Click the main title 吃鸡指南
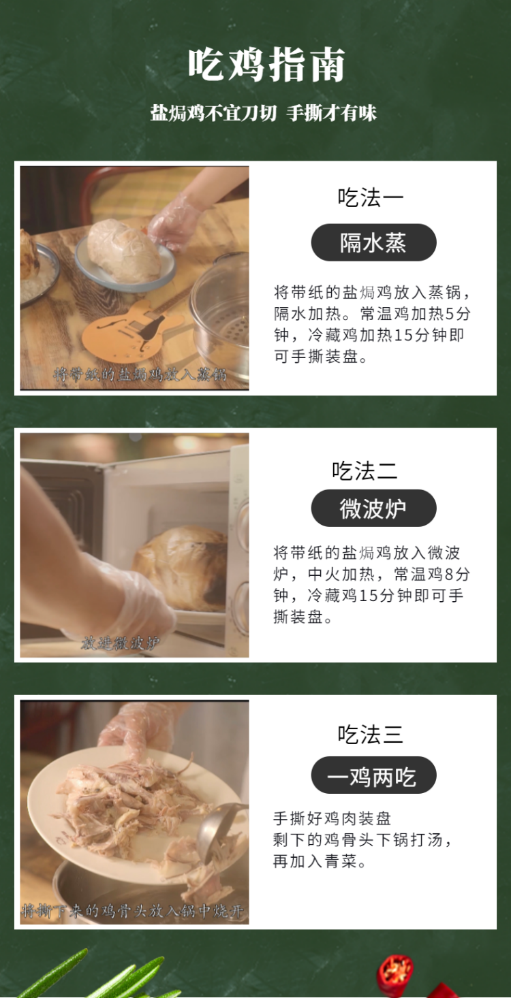[x=266, y=65]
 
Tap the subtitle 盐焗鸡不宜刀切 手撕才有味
[x=263, y=113]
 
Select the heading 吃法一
[x=370, y=197]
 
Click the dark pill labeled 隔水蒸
[x=373, y=242]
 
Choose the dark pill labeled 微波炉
[x=373, y=509]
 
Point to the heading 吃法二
[x=365, y=470]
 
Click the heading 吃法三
[x=370, y=734]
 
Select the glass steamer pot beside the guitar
[x=220, y=312]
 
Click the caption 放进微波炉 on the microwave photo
[x=120, y=643]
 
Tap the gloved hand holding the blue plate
[x=172, y=223]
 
